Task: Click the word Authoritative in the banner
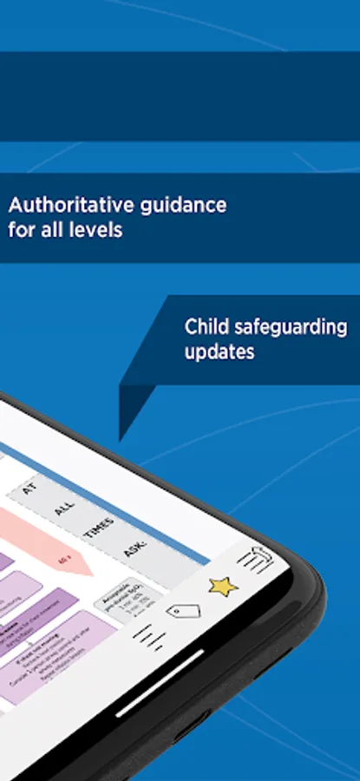[x=59, y=206]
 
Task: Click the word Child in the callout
[x=207, y=327]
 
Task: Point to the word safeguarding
[x=291, y=327]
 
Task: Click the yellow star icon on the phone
[x=223, y=586]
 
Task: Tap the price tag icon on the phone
[x=183, y=611]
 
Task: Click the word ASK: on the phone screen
[x=135, y=549]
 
